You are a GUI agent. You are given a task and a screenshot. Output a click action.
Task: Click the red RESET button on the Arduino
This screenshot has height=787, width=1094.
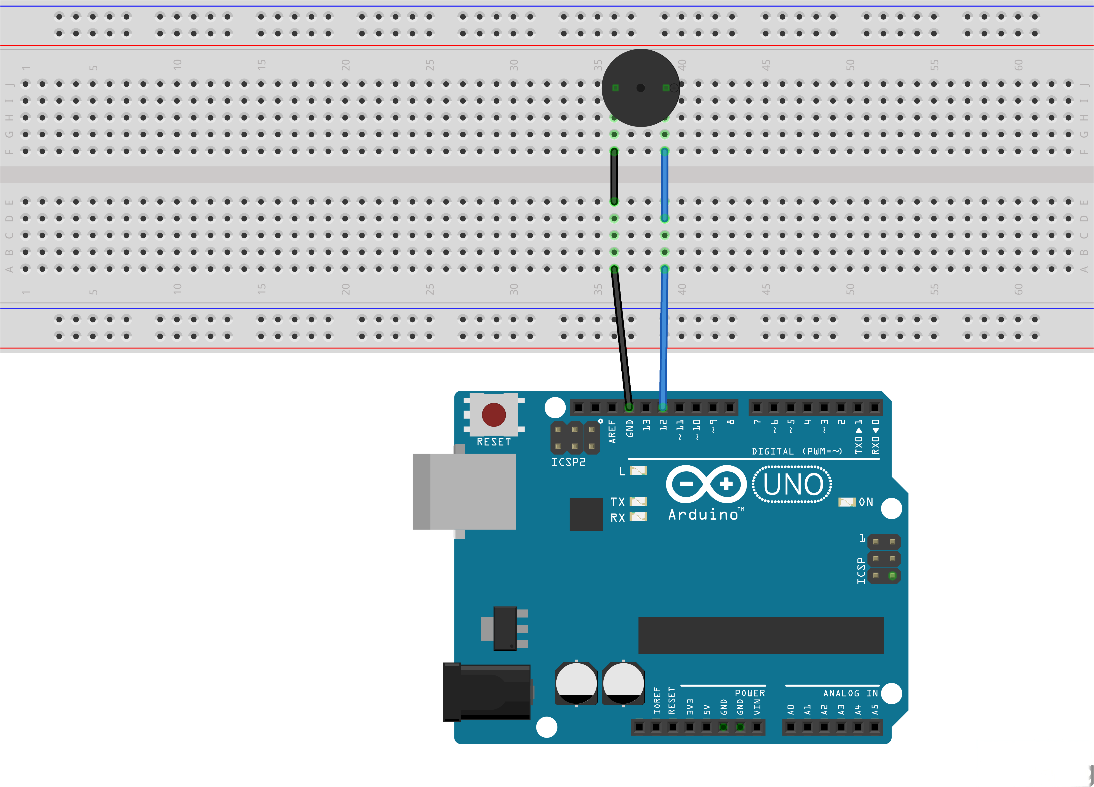[x=493, y=415]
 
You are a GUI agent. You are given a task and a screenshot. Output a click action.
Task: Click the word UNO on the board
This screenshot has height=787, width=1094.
[x=792, y=485]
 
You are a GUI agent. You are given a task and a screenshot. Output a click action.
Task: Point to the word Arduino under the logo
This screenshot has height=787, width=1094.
[x=703, y=515]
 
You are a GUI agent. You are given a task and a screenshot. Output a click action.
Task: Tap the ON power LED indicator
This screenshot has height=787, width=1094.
[x=847, y=502]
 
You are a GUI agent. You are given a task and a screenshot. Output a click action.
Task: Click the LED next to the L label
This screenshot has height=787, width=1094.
[x=638, y=471]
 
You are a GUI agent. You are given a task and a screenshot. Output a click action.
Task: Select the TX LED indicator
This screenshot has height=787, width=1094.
[x=638, y=501]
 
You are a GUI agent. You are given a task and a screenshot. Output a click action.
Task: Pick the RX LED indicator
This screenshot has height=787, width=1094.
[x=638, y=517]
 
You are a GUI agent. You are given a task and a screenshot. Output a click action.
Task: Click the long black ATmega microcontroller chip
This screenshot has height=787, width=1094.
[x=761, y=635]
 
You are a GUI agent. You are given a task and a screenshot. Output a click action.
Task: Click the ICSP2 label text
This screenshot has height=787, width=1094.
[x=568, y=462]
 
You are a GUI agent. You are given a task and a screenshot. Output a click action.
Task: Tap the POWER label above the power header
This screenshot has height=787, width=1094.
[x=750, y=693]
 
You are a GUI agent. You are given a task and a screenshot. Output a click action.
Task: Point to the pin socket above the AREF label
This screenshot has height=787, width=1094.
[x=612, y=407]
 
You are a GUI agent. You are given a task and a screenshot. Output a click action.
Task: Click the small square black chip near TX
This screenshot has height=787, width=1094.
[x=586, y=514]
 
